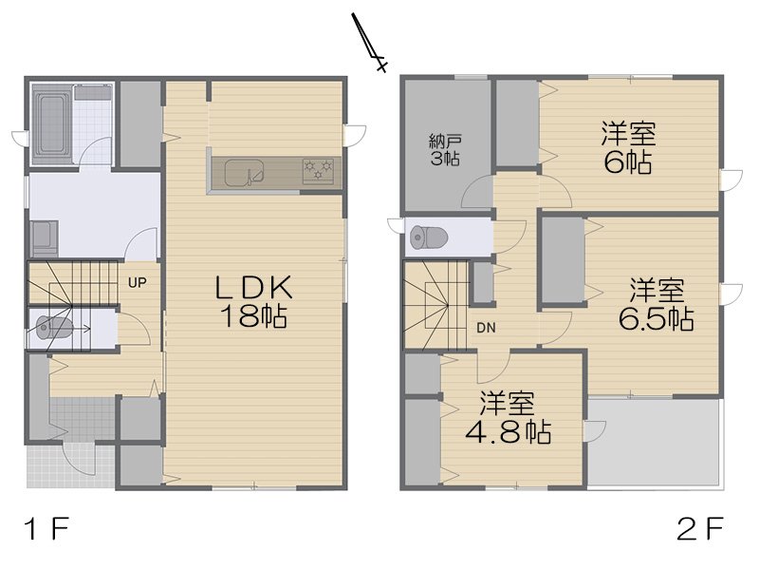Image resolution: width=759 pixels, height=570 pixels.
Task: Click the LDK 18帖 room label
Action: point(253,301)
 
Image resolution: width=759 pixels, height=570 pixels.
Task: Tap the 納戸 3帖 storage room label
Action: point(445,151)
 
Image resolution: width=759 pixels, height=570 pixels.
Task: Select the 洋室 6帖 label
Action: point(628,148)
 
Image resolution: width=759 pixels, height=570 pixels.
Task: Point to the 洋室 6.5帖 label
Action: point(657,304)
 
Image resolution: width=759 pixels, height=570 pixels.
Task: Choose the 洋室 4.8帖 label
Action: point(508,418)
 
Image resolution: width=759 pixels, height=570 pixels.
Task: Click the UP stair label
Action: point(138,282)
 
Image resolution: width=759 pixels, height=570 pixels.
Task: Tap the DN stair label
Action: point(486,328)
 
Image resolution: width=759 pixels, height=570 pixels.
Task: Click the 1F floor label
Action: point(46,529)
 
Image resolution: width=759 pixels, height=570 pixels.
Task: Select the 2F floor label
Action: point(700,529)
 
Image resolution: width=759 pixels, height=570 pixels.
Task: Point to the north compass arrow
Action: point(369,42)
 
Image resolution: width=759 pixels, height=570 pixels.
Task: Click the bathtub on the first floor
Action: point(52,124)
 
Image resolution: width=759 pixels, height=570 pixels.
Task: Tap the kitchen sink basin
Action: point(245,173)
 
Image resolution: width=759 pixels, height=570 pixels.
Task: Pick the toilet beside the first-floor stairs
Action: point(55,328)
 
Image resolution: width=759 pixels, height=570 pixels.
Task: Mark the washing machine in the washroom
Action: point(44,239)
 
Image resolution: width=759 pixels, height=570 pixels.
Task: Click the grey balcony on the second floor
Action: point(654,441)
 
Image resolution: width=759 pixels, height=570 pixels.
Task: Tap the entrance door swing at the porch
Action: point(80,459)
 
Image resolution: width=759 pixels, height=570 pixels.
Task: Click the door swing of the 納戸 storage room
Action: point(478,193)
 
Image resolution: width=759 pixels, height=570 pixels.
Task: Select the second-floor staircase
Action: point(435,305)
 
